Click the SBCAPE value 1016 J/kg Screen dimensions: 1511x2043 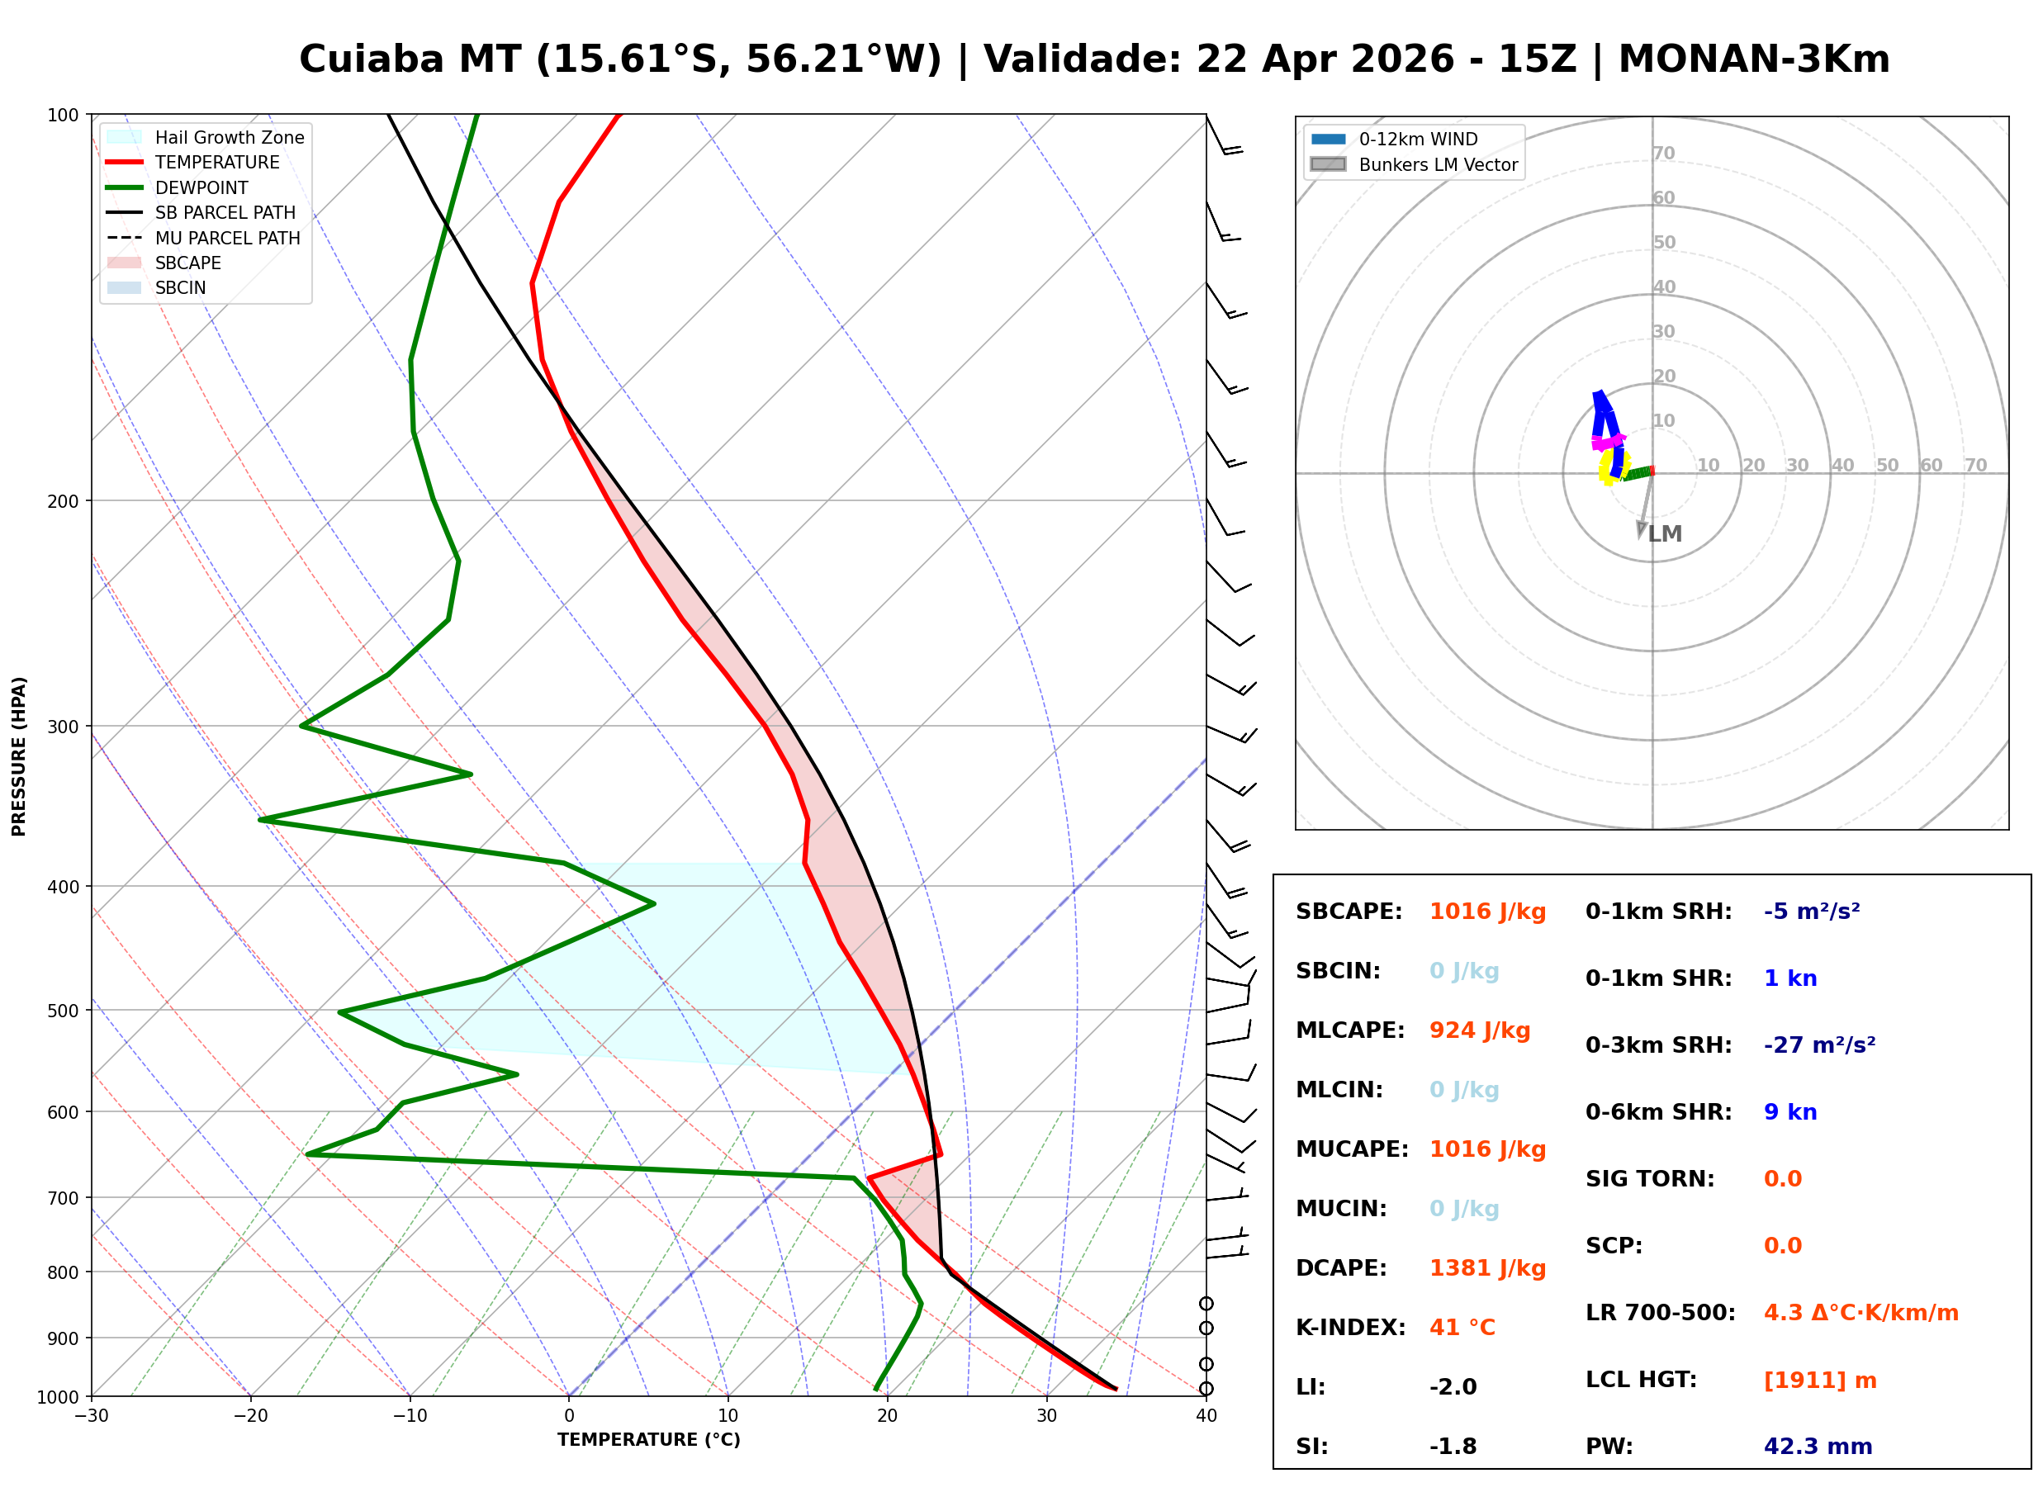click(1487, 912)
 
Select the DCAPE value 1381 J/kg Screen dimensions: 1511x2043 click(1487, 1268)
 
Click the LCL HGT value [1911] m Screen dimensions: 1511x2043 click(1820, 1381)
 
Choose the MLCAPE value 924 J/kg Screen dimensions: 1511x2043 click(1480, 1030)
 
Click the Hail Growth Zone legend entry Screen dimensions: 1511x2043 click(229, 137)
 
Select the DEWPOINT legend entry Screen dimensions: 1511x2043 click(201, 187)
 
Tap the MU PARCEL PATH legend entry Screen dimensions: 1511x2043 click(227, 238)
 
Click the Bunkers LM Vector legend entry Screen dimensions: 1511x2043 click(1438, 164)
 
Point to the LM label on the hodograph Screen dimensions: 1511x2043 click(1666, 534)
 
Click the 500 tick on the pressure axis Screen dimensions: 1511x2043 click(62, 1011)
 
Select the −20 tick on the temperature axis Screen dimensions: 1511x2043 click(250, 1416)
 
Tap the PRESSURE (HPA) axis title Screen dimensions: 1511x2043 click(19, 756)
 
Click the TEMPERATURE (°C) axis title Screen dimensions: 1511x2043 click(648, 1440)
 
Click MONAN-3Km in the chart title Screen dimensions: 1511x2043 click(1753, 59)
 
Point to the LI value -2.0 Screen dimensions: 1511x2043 click(1453, 1387)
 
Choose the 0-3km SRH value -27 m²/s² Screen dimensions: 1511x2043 click(1819, 1045)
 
